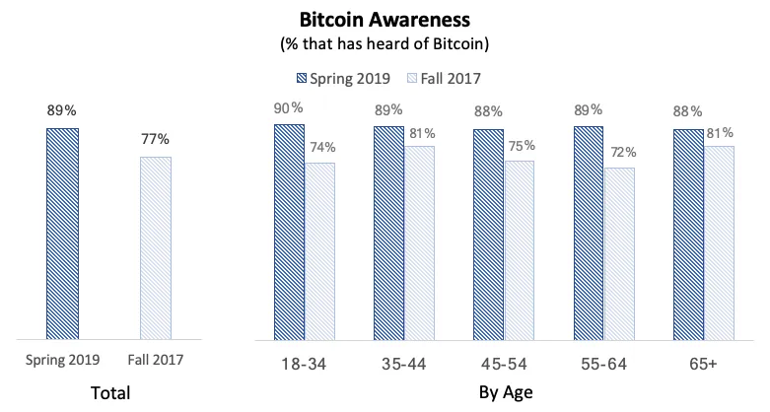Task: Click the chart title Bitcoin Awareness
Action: (385, 19)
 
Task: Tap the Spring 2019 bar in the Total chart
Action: (62, 232)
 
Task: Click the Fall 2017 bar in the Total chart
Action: (156, 246)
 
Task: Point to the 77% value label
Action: (156, 139)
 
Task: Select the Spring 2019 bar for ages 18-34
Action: (289, 229)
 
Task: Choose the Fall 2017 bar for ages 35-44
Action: (419, 240)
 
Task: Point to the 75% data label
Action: (520, 144)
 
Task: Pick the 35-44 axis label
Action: (403, 364)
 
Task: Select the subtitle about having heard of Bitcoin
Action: (385, 43)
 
